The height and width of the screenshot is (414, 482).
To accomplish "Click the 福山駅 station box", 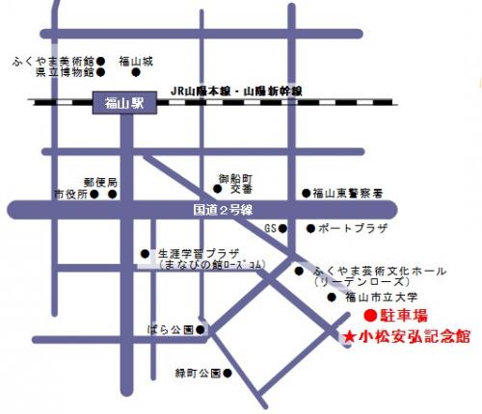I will click(124, 102).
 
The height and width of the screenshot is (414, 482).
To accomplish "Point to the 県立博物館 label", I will click(64, 71).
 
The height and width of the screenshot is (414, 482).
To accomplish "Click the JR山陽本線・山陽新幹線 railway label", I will click(235, 90).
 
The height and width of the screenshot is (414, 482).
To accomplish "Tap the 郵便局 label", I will click(100, 182).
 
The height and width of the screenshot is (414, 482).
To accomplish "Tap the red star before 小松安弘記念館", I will click(348, 336).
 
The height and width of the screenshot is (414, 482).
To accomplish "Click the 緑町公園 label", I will click(198, 372).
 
